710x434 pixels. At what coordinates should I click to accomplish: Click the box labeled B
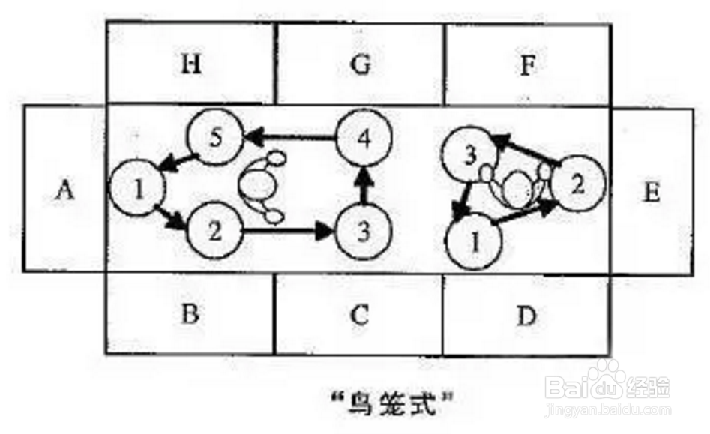(190, 314)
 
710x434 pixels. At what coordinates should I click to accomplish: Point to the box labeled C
(361, 314)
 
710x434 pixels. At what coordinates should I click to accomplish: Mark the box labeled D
(527, 316)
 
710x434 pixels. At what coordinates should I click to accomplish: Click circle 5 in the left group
(214, 138)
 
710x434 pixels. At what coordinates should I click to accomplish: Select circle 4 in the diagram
(363, 137)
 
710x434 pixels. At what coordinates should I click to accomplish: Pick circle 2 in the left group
(214, 230)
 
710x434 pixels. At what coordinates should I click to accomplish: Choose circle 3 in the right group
(470, 155)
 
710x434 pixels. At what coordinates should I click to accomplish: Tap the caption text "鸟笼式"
(399, 410)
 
